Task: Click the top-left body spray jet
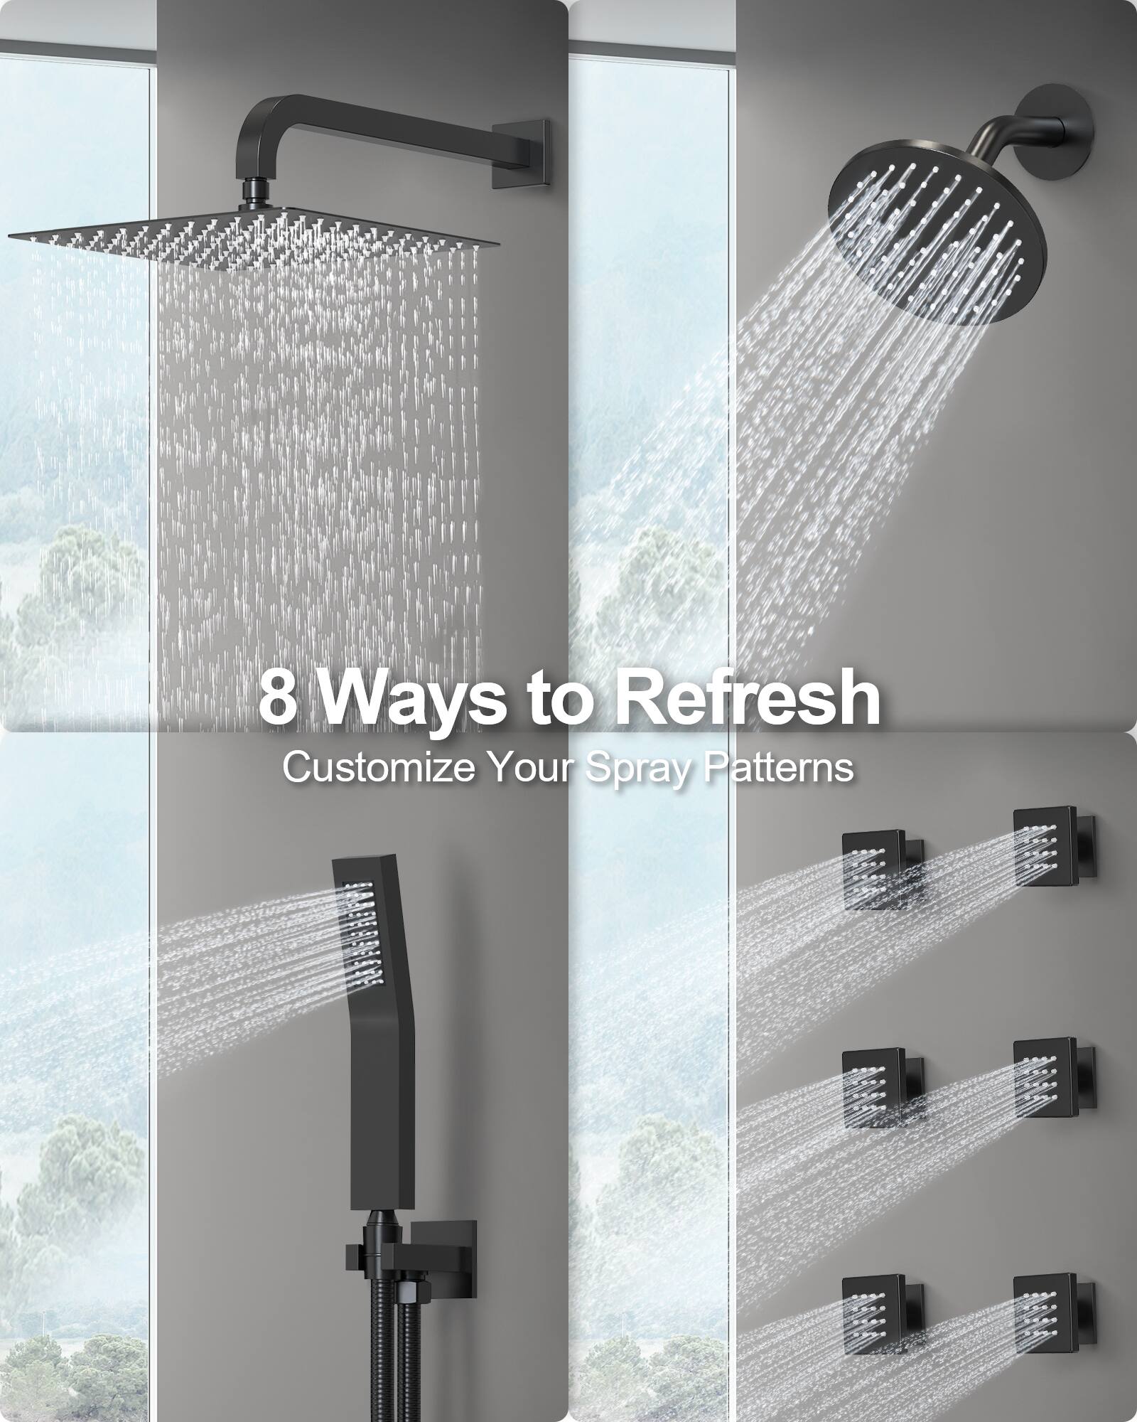(x=873, y=870)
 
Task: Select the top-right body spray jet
(x=1045, y=847)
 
